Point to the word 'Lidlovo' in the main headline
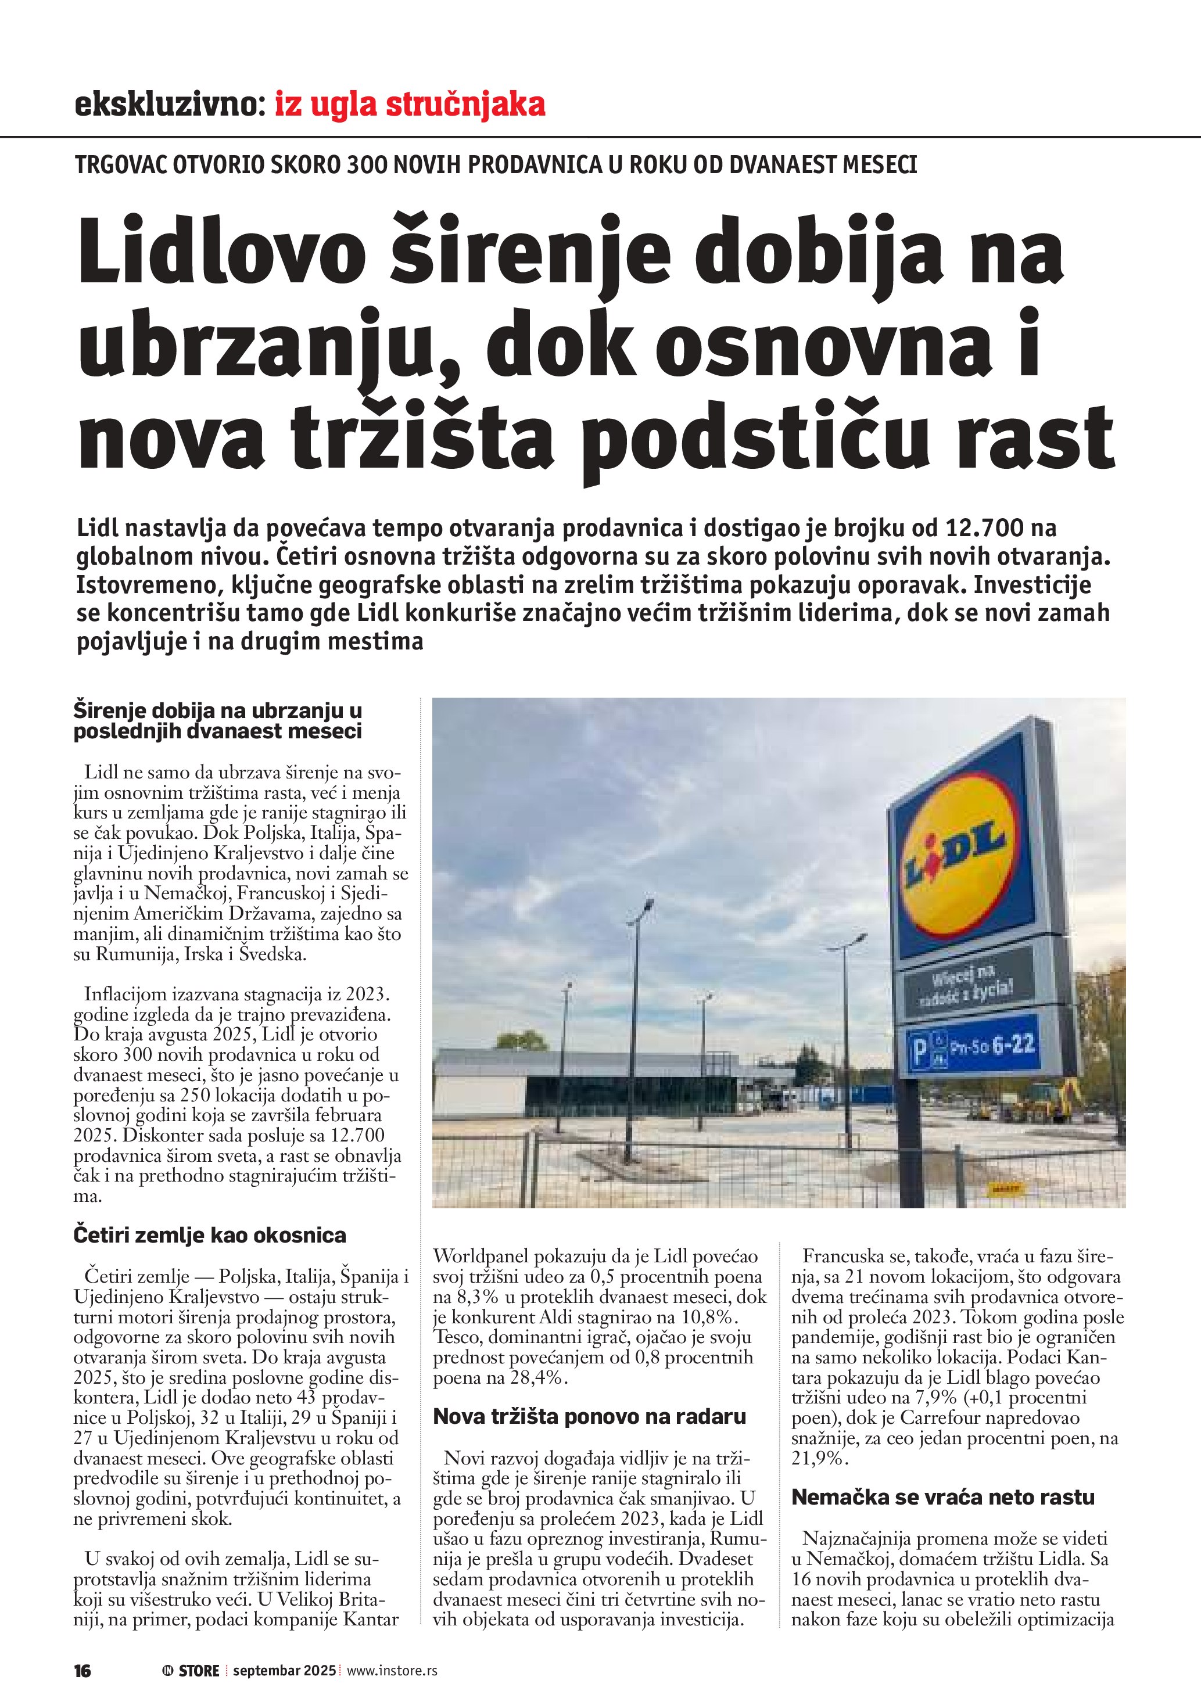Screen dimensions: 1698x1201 [x=222, y=254]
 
